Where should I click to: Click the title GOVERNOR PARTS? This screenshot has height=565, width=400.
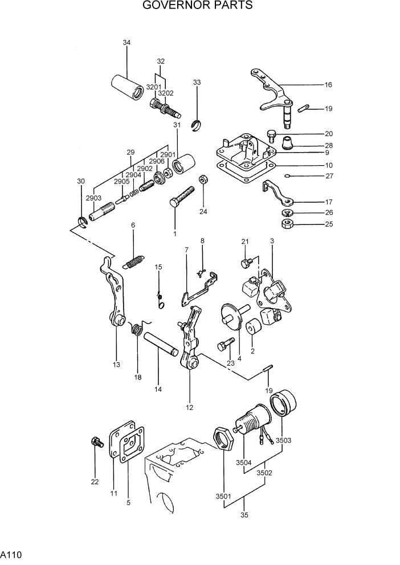coord(198,6)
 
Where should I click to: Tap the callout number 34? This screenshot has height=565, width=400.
coord(126,43)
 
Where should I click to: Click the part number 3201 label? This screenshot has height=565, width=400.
coord(153,87)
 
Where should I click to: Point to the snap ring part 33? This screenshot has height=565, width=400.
coord(197,125)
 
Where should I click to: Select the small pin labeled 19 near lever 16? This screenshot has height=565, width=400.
coord(304,108)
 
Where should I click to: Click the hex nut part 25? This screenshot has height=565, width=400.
coord(288,223)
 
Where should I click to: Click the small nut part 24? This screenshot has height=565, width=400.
coord(202,181)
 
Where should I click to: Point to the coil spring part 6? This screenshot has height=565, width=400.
coord(134,262)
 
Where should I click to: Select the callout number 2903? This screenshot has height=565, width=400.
coord(93,197)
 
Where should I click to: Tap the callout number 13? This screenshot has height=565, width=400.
coord(116,364)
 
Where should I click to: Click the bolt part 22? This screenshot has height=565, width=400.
coord(95,442)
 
